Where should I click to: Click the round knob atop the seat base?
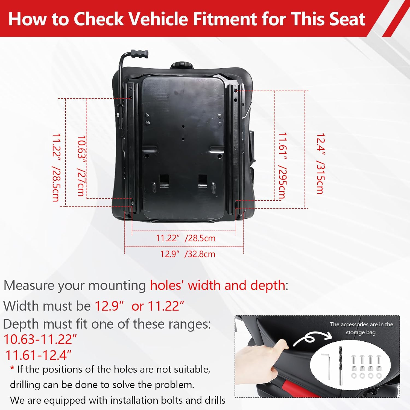tap(181, 66)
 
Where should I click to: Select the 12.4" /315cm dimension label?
tap(320, 163)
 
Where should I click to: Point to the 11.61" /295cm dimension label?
tap(282, 165)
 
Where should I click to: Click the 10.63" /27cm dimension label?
tap(81, 166)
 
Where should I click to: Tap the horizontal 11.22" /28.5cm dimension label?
tap(186, 238)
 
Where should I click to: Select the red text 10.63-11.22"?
tap(40, 339)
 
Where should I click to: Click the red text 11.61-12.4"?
tap(38, 355)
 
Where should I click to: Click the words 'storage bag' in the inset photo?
tap(361, 333)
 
